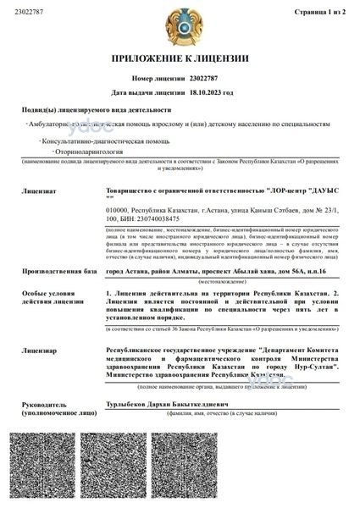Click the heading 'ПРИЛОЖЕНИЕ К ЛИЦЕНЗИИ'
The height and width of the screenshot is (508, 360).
click(180, 59)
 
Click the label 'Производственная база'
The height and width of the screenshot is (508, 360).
click(57, 246)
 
